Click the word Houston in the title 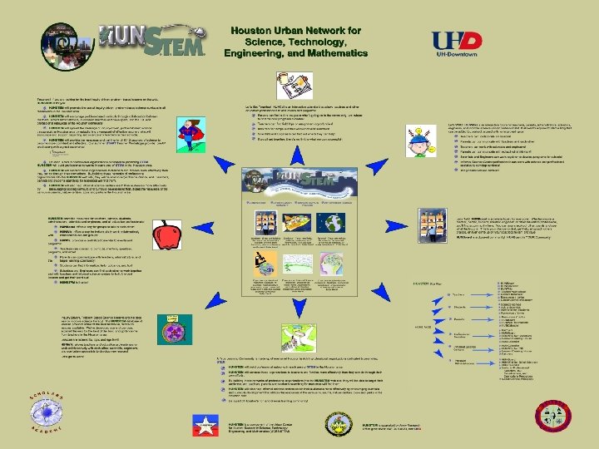pyautogui.click(x=254, y=28)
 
